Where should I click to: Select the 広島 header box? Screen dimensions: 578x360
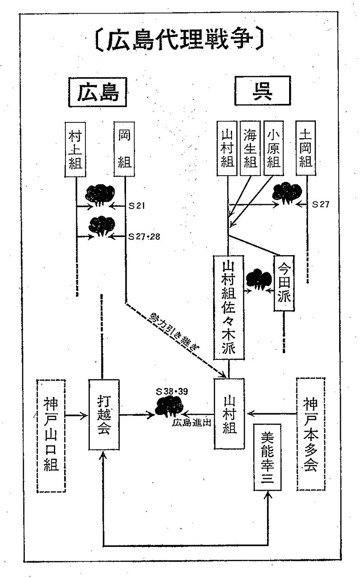[x=97, y=93]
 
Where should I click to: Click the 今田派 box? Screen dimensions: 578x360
[x=285, y=282]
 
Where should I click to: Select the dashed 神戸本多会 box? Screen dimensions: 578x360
[x=311, y=433]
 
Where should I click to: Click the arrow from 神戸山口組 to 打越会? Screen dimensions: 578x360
[x=76, y=414]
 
